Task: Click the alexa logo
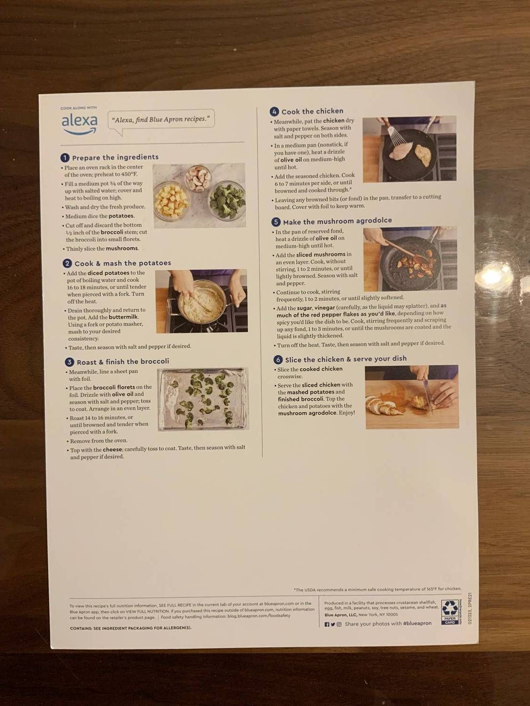pos(79,123)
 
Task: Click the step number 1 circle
pos(65,158)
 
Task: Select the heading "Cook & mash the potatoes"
pos(122,263)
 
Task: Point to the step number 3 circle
pos(69,362)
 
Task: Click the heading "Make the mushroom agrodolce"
pos(337,221)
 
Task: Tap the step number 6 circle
pos(278,360)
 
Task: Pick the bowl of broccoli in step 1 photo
pos(227,201)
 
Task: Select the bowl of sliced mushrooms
pos(198,178)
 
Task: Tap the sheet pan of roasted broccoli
pos(203,399)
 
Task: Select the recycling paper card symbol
pos(450,612)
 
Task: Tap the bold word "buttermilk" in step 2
pos(123,317)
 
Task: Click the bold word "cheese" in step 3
pos(112,449)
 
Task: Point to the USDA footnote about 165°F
pos(377,589)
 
